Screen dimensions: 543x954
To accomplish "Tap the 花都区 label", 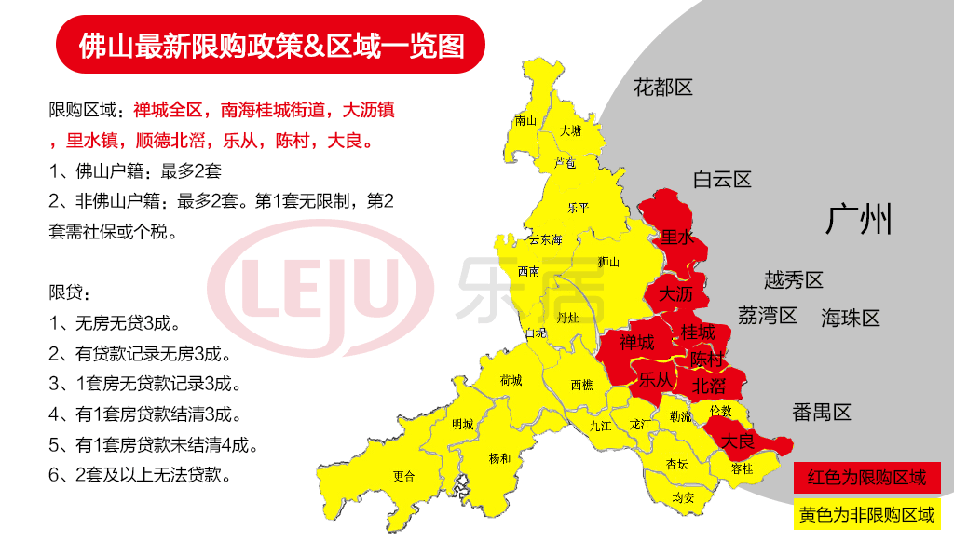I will pos(663,88).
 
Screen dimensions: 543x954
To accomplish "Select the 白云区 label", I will pos(722,180).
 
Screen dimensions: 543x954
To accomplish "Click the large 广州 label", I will pos(858,220).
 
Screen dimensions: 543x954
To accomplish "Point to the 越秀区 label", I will pos(794,279).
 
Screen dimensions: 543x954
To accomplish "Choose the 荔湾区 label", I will pos(767,316).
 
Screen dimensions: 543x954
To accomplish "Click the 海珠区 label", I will pos(850,319).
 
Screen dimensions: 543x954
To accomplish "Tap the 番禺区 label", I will pos(822,413).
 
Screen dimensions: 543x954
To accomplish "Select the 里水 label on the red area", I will pos(676,238).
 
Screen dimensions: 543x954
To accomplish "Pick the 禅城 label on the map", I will pos(636,343).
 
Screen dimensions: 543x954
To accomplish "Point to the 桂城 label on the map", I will pos(698,332).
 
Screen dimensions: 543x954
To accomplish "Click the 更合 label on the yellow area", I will pos(402,475).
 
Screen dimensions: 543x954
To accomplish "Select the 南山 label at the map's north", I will pos(525,120).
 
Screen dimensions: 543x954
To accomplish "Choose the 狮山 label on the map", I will pos(608,262).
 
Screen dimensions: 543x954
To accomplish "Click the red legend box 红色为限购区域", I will pos(866,479).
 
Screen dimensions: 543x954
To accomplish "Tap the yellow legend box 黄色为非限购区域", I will pos(866,514).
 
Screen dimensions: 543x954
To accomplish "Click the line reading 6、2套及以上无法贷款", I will pos(139,474).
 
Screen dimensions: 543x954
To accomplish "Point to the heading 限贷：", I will pos(70,293).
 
